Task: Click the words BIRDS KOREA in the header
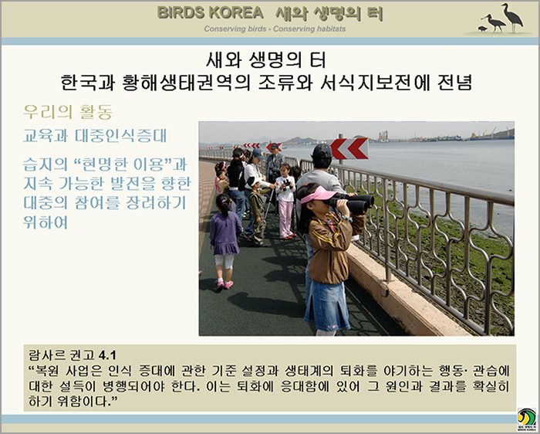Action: (211, 13)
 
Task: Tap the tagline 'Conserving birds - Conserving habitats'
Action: (275, 29)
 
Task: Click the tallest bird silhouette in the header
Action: (512, 17)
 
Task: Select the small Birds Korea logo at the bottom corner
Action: (527, 420)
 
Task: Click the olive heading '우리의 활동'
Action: (68, 112)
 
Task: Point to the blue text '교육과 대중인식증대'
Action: (95, 136)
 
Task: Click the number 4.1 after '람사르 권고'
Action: (107, 355)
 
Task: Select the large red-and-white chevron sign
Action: (349, 148)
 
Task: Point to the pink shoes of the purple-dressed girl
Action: (224, 285)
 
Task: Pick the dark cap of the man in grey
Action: (322, 151)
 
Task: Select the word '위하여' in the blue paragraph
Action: (46, 222)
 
